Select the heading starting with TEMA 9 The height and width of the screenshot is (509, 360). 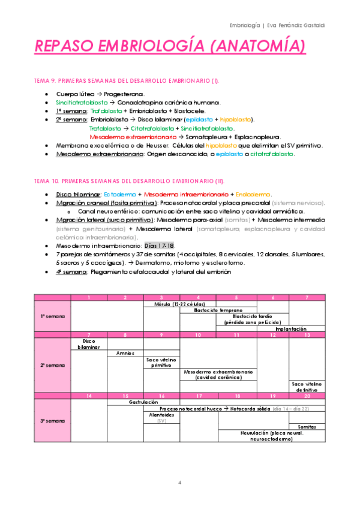tap(126, 80)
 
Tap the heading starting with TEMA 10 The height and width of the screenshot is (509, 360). tap(128, 181)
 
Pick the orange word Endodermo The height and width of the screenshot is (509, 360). tap(253, 194)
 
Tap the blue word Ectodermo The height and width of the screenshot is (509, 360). tap(120, 194)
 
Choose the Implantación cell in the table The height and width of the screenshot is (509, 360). tap(290, 329)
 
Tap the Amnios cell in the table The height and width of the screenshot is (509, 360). tap(125, 353)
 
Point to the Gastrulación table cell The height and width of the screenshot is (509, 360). tap(143, 402)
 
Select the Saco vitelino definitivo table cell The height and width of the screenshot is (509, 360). tap(307, 387)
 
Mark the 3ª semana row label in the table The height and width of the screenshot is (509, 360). tap(52, 421)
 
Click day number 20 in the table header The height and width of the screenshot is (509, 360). tap(307, 396)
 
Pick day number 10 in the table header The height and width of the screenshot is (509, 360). tap(198, 335)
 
